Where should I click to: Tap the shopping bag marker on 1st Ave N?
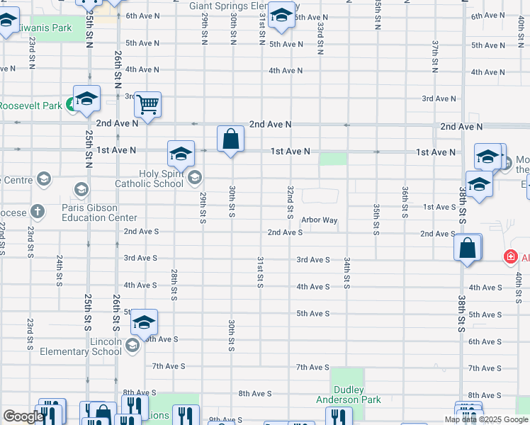pyautogui.click(x=230, y=140)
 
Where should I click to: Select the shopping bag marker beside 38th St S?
pyautogui.click(x=467, y=249)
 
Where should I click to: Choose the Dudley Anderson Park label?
pyautogui.click(x=347, y=395)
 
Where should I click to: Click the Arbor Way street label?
pyautogui.click(x=319, y=220)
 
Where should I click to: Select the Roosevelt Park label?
pyautogui.click(x=31, y=106)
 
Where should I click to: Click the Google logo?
pyautogui.click(x=23, y=416)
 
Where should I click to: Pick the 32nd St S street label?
pyautogui.click(x=290, y=202)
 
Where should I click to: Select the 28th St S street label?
pyautogui.click(x=174, y=284)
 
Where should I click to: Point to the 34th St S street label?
pyautogui.click(x=347, y=273)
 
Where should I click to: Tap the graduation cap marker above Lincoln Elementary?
pyautogui.click(x=144, y=323)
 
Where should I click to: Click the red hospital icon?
pyautogui.click(x=509, y=256)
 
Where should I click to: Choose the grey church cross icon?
pyautogui.click(x=37, y=211)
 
